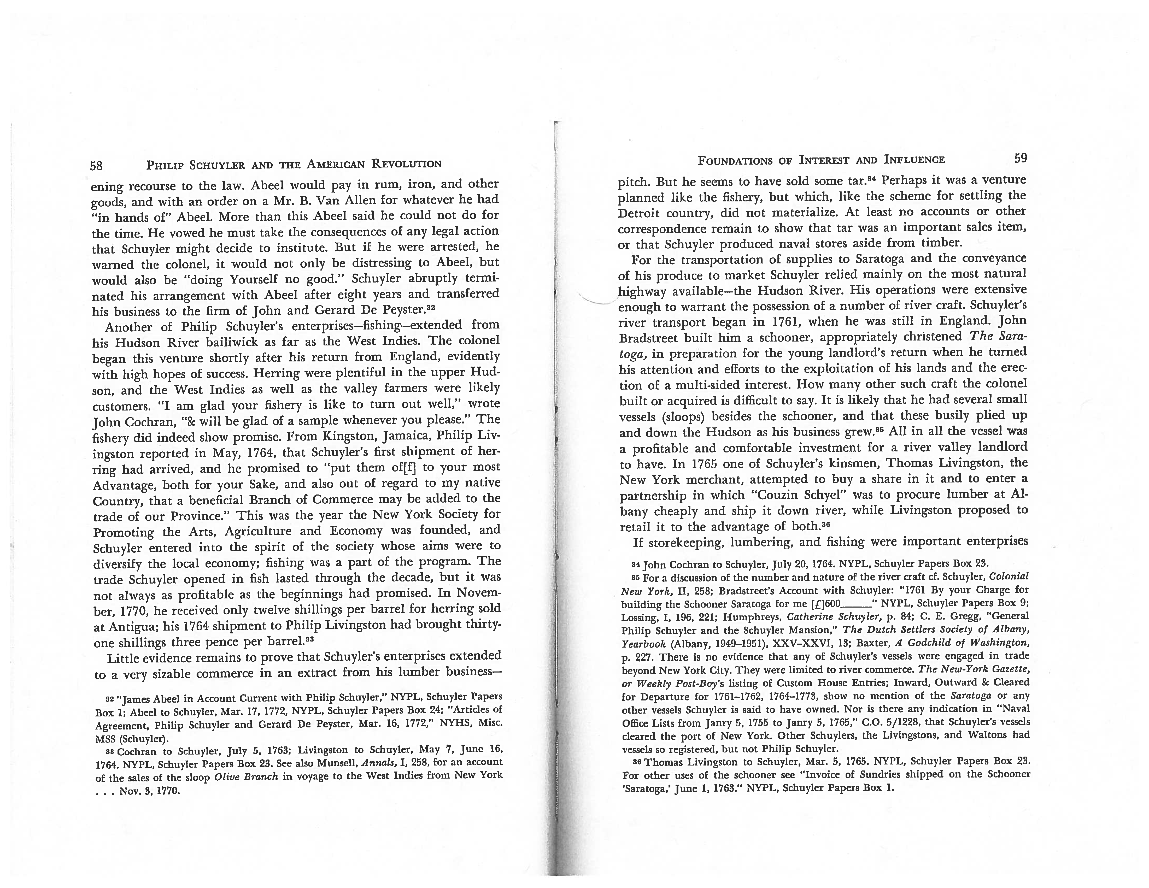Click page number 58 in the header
[96, 166]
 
